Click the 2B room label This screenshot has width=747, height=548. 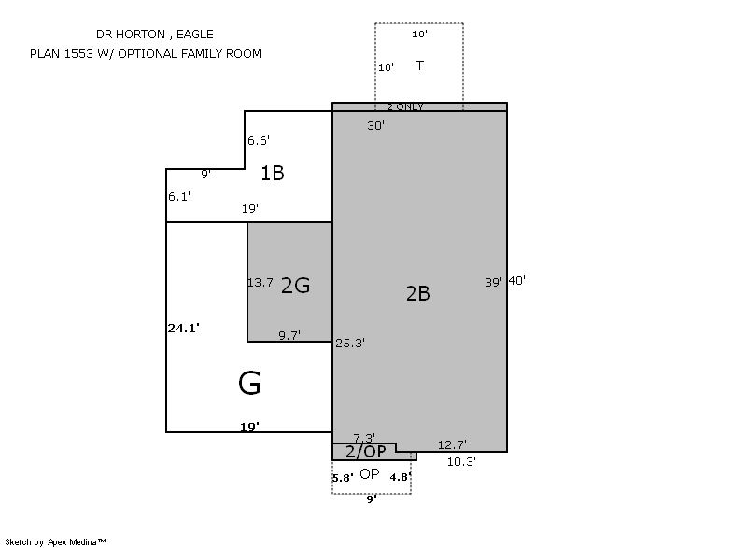click(x=417, y=293)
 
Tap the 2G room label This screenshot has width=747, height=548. click(x=295, y=286)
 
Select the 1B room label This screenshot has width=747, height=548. click(x=273, y=173)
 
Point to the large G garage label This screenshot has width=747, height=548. click(x=249, y=384)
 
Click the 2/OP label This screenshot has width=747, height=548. click(x=365, y=451)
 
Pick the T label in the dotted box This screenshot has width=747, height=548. click(x=419, y=65)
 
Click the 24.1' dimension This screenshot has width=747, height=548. click(x=183, y=328)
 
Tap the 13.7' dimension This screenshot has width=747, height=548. click(x=261, y=282)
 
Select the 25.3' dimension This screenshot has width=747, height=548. click(x=350, y=343)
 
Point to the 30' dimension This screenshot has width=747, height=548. click(x=376, y=125)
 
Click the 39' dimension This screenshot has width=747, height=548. click(x=494, y=282)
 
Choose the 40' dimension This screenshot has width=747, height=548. click(x=517, y=280)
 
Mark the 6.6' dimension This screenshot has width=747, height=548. click(x=259, y=140)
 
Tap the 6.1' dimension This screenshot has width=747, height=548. click(x=179, y=196)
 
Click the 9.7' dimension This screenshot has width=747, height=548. click(x=289, y=335)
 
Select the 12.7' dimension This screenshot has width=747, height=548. click(x=452, y=444)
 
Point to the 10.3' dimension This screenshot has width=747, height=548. click(x=461, y=461)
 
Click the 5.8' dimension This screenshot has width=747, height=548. click(x=343, y=478)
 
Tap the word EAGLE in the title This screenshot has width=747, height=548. click(x=195, y=35)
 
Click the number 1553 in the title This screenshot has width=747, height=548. click(x=78, y=54)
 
